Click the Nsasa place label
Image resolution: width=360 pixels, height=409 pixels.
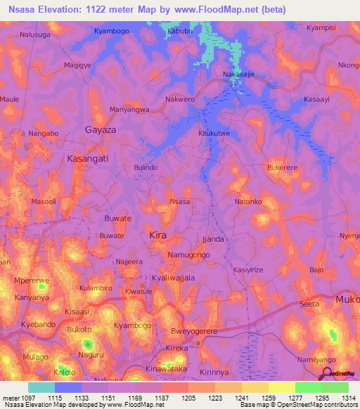click(x=180, y=202)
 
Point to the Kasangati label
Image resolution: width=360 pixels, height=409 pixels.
click(x=87, y=159)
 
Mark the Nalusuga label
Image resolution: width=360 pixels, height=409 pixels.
click(x=36, y=34)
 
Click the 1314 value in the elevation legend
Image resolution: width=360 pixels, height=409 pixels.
click(x=349, y=398)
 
